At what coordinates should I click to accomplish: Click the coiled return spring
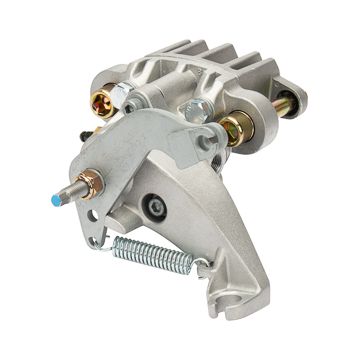point(155,251)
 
